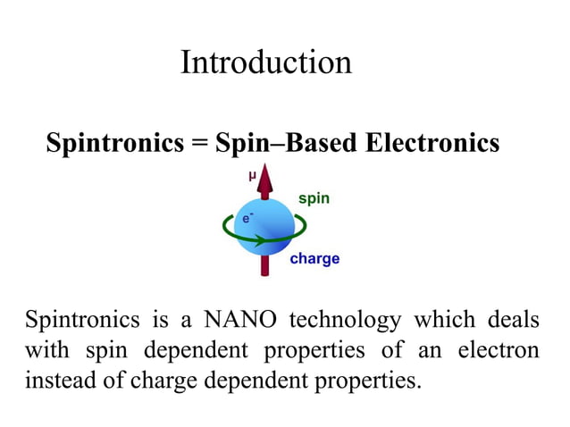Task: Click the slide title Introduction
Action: (x=266, y=63)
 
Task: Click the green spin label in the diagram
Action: (x=314, y=198)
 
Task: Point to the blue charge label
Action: (x=314, y=259)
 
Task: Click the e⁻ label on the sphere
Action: (x=247, y=217)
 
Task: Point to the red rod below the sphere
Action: (x=265, y=266)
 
